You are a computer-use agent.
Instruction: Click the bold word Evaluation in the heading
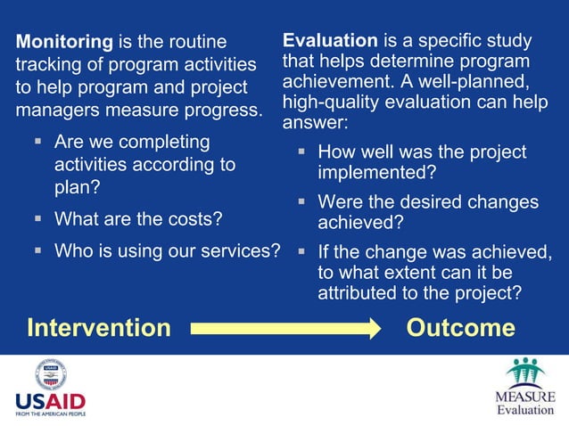330,41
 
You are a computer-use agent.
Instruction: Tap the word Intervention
98,328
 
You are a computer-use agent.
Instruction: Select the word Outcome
460,328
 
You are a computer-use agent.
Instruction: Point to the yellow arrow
286,328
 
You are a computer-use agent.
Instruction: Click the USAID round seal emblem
51,373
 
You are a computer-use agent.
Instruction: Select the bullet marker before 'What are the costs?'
38,218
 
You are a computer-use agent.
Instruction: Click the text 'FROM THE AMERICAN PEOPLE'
51,414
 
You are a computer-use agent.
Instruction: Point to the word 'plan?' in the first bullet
78,187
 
